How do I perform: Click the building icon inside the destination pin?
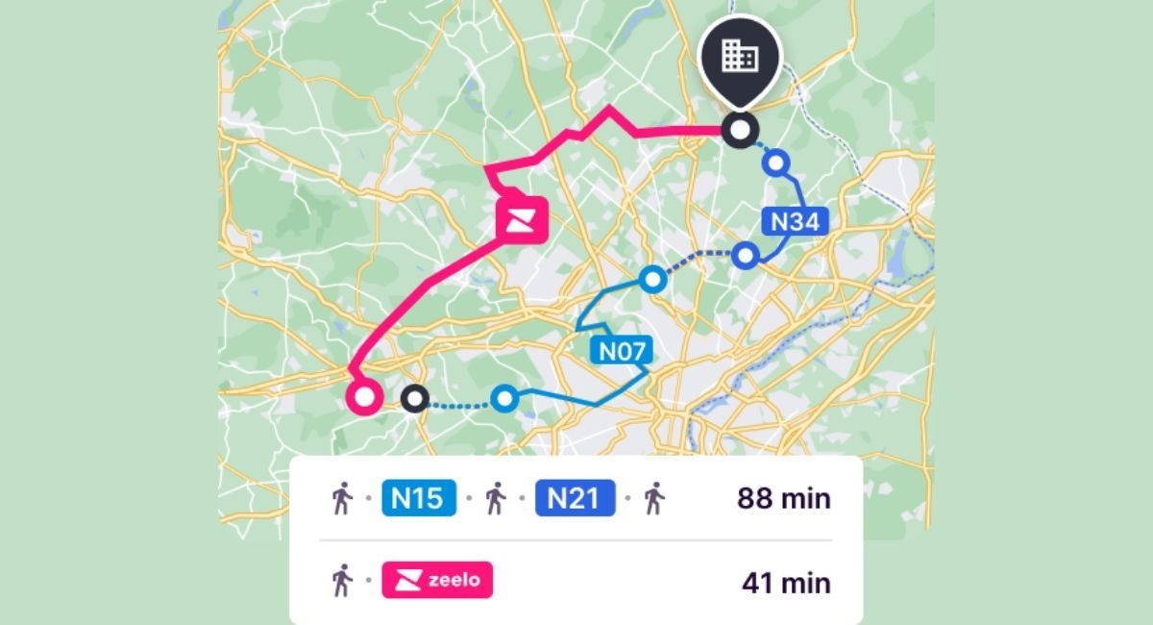(740, 56)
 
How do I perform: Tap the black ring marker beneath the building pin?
(740, 129)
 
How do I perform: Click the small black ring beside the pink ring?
(414, 397)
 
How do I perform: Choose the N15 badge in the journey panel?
(419, 499)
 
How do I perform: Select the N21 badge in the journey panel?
(575, 499)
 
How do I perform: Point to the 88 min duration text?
(783, 499)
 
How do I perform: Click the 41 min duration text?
(786, 583)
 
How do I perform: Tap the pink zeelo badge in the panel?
(437, 581)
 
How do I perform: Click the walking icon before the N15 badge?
(342, 499)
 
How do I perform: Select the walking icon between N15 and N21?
(496, 499)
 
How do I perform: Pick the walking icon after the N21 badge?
(654, 499)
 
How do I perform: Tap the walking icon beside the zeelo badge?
(342, 581)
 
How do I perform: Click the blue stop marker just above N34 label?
(776, 162)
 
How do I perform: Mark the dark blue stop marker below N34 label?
(746, 255)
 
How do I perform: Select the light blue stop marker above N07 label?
(652, 280)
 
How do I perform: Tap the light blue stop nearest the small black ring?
(503, 397)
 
